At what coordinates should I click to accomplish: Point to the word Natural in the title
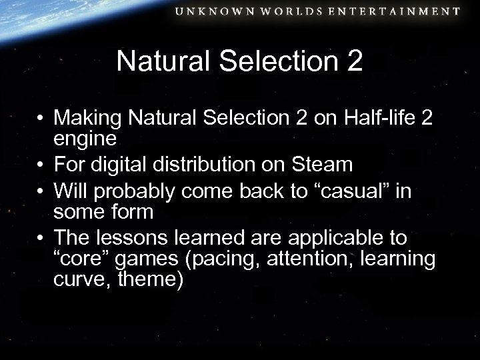157,61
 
